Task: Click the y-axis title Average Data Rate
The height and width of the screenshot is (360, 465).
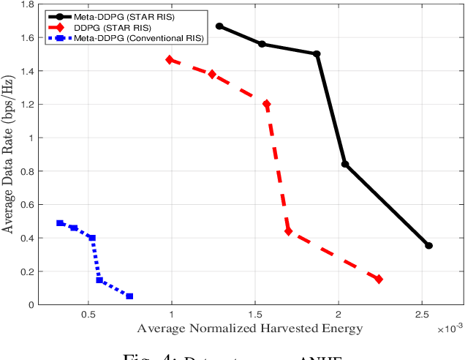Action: click(x=9, y=154)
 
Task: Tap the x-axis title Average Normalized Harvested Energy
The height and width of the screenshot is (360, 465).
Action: click(x=249, y=328)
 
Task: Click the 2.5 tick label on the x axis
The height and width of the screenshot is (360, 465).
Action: click(x=421, y=313)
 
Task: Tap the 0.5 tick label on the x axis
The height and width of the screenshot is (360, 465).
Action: click(x=88, y=313)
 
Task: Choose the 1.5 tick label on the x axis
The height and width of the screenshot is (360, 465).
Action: click(x=254, y=313)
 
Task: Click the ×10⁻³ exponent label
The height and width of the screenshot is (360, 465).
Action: click(x=449, y=329)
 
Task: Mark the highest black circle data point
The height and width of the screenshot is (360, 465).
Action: click(x=219, y=26)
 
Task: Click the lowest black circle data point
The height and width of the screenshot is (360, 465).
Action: click(x=428, y=246)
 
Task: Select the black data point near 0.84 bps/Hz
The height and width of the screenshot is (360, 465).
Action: click(x=345, y=164)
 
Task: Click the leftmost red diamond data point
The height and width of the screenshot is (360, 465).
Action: click(x=170, y=60)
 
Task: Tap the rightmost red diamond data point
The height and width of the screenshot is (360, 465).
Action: click(x=379, y=280)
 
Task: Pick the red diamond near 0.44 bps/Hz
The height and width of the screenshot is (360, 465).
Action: click(x=288, y=231)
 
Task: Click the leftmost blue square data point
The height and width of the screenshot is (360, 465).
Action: click(x=60, y=223)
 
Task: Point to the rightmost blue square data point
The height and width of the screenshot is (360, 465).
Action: click(x=129, y=296)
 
